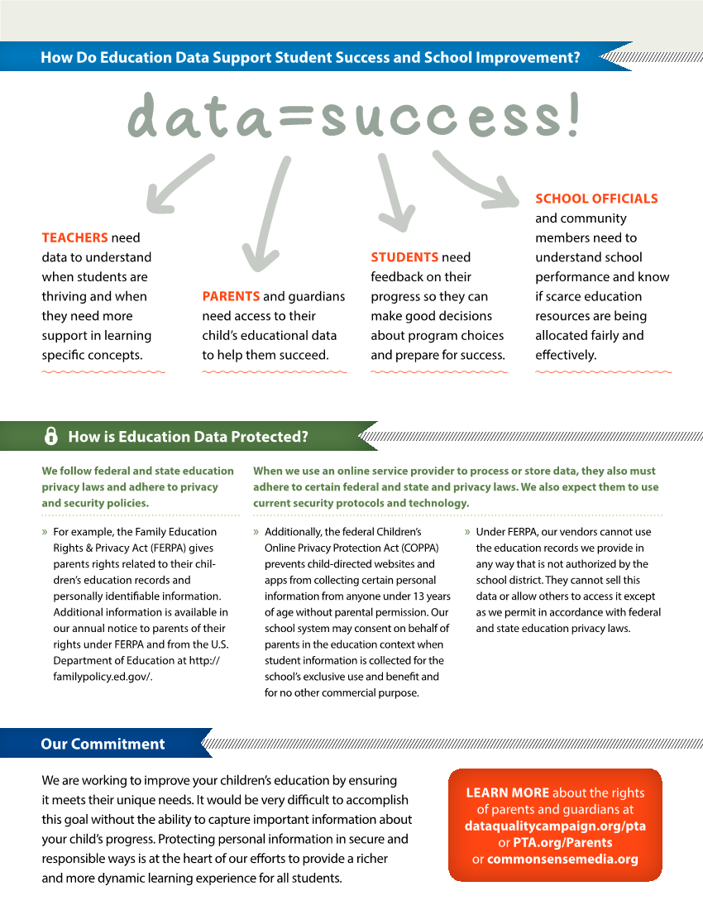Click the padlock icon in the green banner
(x=51, y=436)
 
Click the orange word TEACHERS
(x=74, y=238)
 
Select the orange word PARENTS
(x=231, y=296)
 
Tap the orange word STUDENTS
(x=404, y=257)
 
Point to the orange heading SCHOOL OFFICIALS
(x=596, y=199)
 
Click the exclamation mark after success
(x=574, y=114)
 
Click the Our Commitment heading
(x=103, y=744)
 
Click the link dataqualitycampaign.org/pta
(x=555, y=826)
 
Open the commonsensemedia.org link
(x=562, y=859)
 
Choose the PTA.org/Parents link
(x=562, y=843)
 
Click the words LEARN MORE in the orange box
(x=508, y=793)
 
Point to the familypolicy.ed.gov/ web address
(x=103, y=677)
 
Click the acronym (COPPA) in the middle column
(x=420, y=548)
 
